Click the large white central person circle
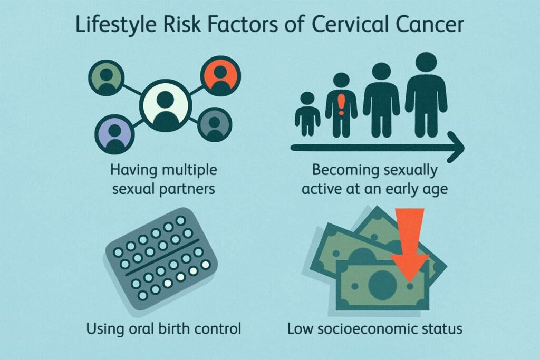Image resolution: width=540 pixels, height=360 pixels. tap(165, 105)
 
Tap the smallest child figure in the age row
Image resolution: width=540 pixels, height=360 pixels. tap(307, 114)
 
